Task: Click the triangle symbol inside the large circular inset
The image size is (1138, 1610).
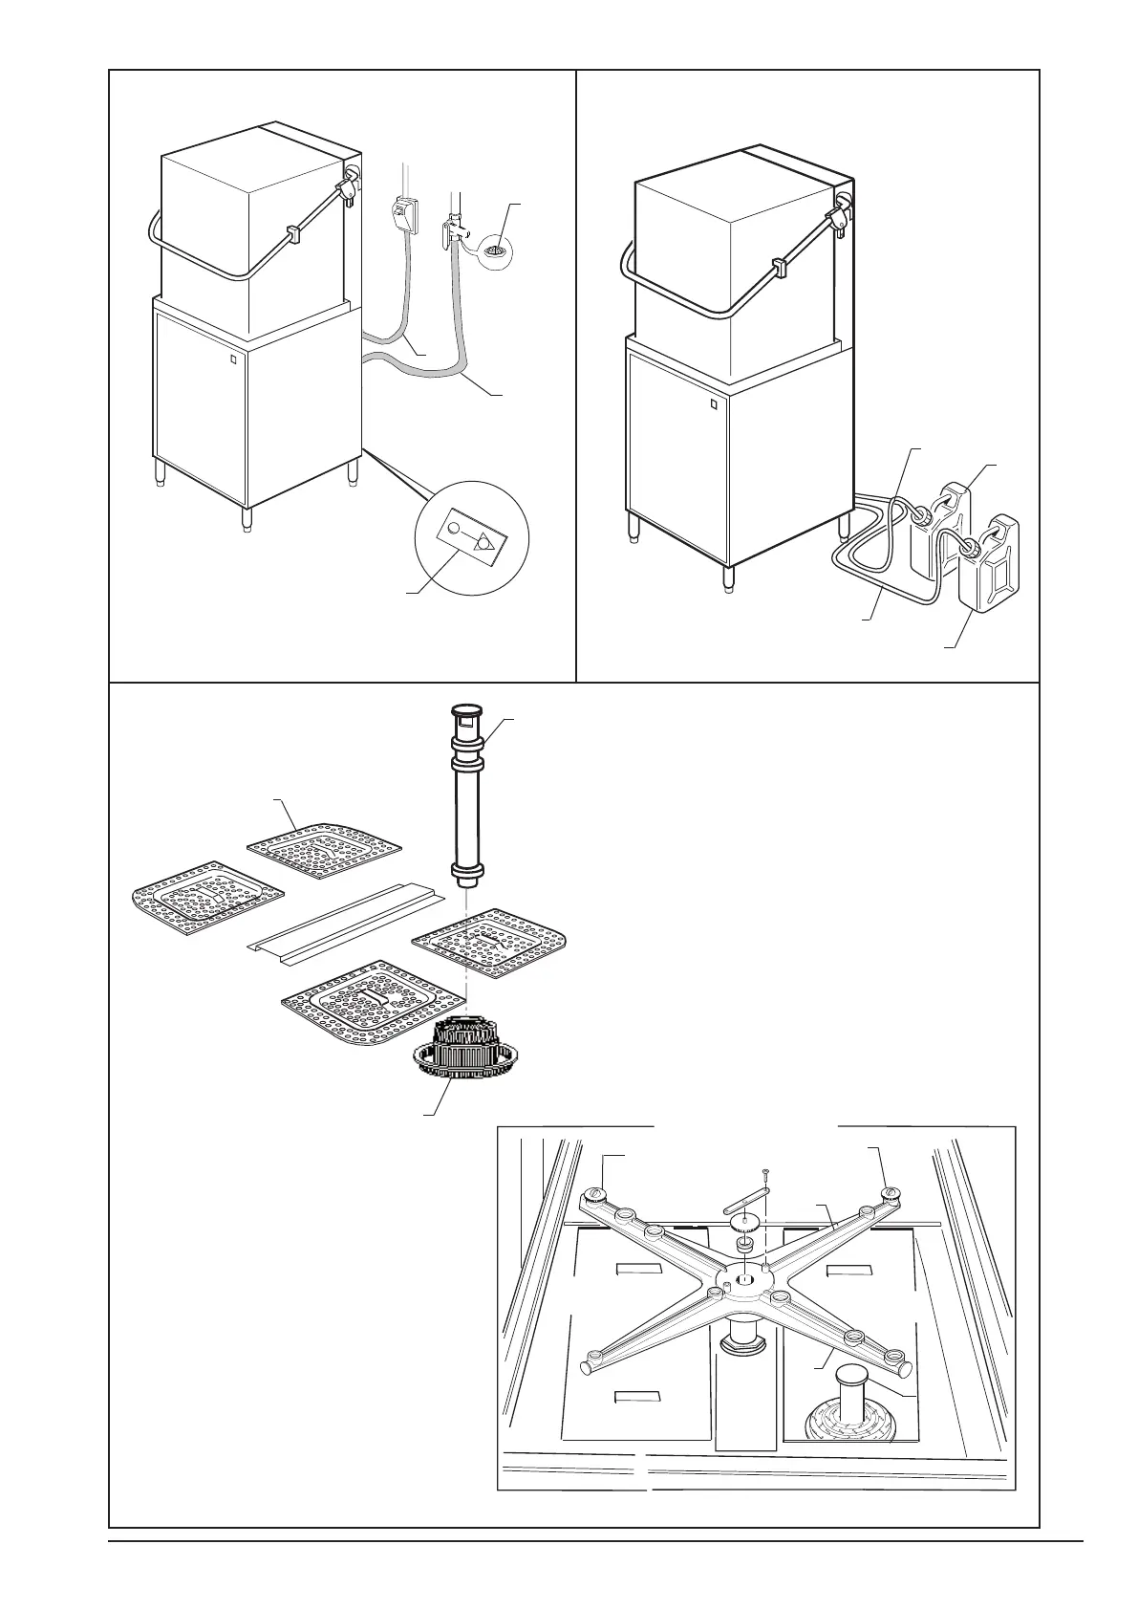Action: click(x=485, y=540)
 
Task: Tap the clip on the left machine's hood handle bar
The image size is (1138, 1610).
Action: click(x=292, y=232)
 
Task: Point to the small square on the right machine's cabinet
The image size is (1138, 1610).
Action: click(x=713, y=403)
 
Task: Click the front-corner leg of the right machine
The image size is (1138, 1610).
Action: click(x=728, y=577)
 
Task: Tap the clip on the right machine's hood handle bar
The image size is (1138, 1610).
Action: click(x=779, y=269)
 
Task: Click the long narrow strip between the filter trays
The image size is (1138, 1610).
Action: click(x=346, y=918)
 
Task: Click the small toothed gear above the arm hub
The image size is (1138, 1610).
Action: click(x=743, y=1222)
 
